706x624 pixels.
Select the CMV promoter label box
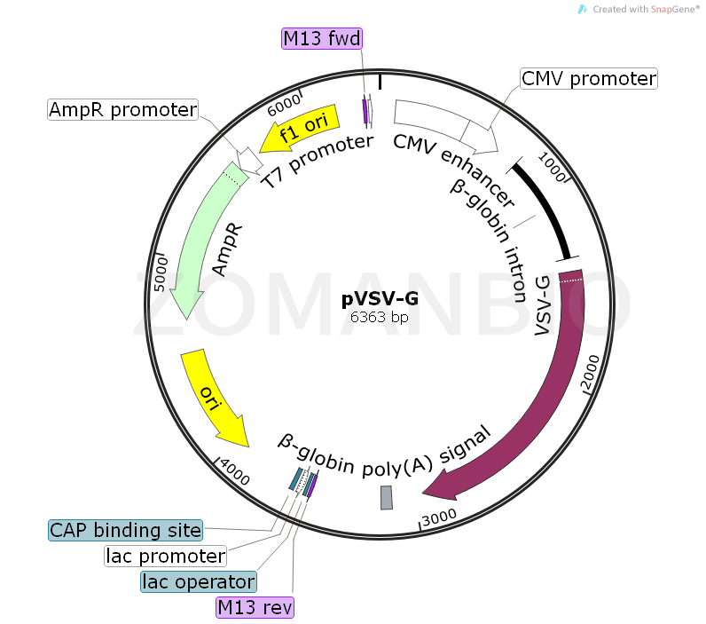tap(588, 79)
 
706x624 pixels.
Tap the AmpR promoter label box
tap(122, 110)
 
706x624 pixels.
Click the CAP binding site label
tap(125, 530)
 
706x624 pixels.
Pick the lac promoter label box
tap(165, 556)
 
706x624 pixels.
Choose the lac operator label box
tap(199, 581)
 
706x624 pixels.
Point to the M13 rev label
tap(255, 607)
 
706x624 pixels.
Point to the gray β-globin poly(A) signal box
tap(386, 498)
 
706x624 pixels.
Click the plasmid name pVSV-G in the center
tap(380, 299)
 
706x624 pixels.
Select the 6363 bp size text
tap(380, 317)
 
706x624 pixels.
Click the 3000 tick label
tap(438, 517)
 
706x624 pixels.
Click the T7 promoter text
tap(317, 161)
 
